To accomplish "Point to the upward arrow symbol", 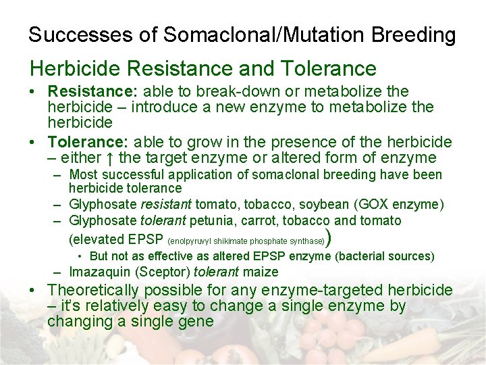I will pos(111,158).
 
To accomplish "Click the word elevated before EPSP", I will pos(96,239).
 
